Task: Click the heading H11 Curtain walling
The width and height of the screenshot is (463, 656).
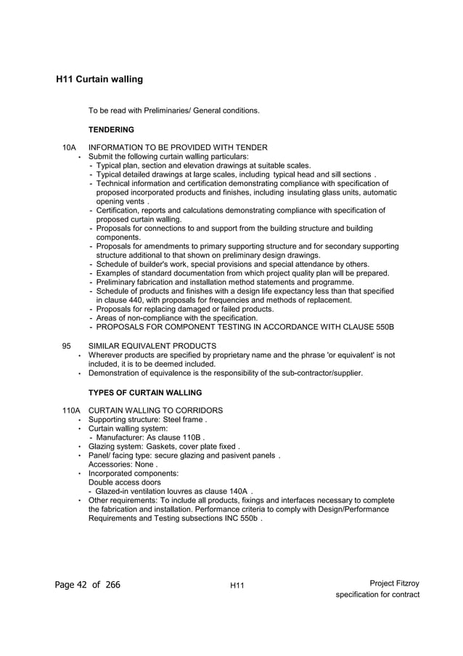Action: point(99,78)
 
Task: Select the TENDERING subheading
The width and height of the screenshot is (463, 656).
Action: point(111,129)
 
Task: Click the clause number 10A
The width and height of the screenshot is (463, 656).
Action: point(69,147)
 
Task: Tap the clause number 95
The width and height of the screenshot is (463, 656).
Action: point(67,346)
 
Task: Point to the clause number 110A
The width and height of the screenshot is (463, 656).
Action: point(71,410)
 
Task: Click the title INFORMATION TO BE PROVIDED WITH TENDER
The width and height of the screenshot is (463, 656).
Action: point(178,147)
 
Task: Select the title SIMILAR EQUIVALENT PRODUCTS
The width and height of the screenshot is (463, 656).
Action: point(152,346)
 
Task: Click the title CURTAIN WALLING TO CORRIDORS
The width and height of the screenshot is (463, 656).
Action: point(155,410)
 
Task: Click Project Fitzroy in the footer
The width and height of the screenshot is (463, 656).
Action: point(394,583)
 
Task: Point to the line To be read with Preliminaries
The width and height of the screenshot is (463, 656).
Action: point(173,110)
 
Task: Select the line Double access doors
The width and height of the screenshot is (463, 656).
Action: point(124,482)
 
